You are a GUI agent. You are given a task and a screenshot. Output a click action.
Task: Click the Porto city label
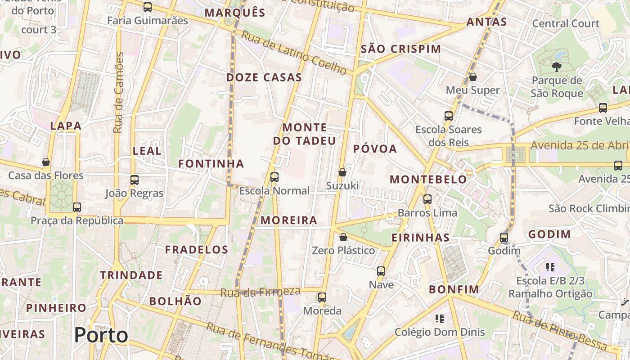101,335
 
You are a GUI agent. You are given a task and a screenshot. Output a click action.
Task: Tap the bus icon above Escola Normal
274,177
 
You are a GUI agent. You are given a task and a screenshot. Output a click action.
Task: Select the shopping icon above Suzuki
342,172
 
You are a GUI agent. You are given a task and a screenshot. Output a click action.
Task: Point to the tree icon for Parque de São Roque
556,67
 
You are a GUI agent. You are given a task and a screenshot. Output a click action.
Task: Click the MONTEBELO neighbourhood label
428,180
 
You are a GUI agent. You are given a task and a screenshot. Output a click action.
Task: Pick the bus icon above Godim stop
504,237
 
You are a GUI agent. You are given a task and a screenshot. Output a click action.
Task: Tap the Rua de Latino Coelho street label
293,52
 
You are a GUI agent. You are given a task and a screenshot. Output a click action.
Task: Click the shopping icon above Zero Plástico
343,237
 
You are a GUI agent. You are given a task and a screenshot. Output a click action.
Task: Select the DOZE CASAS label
264,77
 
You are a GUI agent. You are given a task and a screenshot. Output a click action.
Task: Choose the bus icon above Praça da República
77,207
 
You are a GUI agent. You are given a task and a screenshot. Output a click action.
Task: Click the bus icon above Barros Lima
427,199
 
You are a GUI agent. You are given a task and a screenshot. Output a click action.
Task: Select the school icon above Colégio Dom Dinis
440,319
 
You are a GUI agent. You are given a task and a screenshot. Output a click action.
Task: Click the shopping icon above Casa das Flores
46,162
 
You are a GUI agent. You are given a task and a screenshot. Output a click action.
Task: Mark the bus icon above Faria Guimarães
147,7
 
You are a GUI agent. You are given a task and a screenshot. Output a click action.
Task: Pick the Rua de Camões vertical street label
119,93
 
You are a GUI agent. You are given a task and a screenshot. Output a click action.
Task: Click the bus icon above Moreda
322,297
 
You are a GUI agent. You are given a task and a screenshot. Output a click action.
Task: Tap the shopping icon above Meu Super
472,77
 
